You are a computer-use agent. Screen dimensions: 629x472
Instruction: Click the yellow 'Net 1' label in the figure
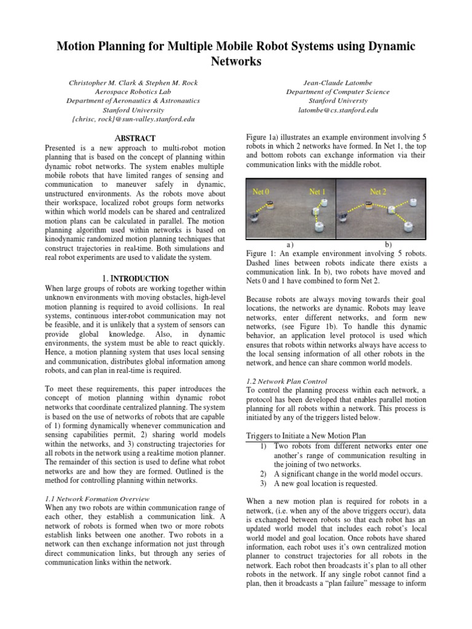pos(317,192)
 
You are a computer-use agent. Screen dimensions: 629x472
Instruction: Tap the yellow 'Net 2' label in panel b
pos(379,192)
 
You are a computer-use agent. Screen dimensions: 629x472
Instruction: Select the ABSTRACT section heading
pos(133,138)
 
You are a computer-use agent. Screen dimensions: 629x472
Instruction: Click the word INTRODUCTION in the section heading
pos(139,278)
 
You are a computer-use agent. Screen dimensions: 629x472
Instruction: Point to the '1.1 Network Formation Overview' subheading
pos(98,499)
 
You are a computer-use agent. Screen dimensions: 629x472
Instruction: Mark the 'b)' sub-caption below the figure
pos(388,244)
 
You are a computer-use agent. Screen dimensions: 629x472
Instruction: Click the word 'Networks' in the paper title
pos(236,61)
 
